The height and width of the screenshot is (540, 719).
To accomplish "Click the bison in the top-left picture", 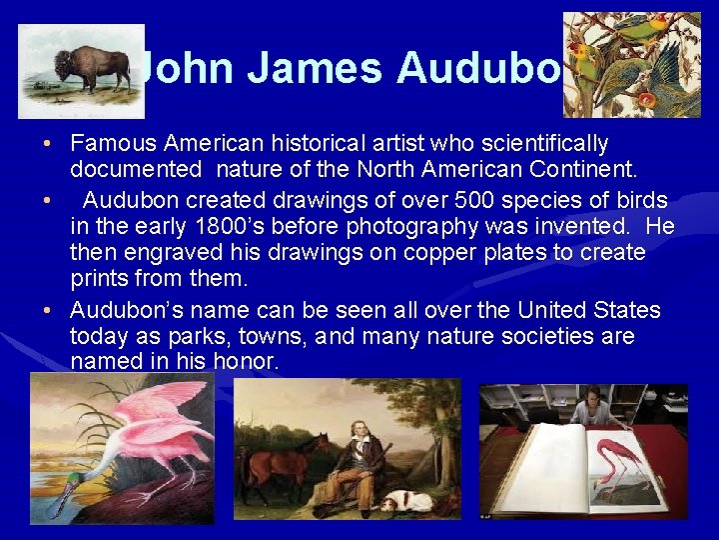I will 93,69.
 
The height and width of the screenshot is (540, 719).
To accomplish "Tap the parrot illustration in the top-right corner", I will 631,65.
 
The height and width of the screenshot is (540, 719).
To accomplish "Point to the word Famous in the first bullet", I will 119,144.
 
